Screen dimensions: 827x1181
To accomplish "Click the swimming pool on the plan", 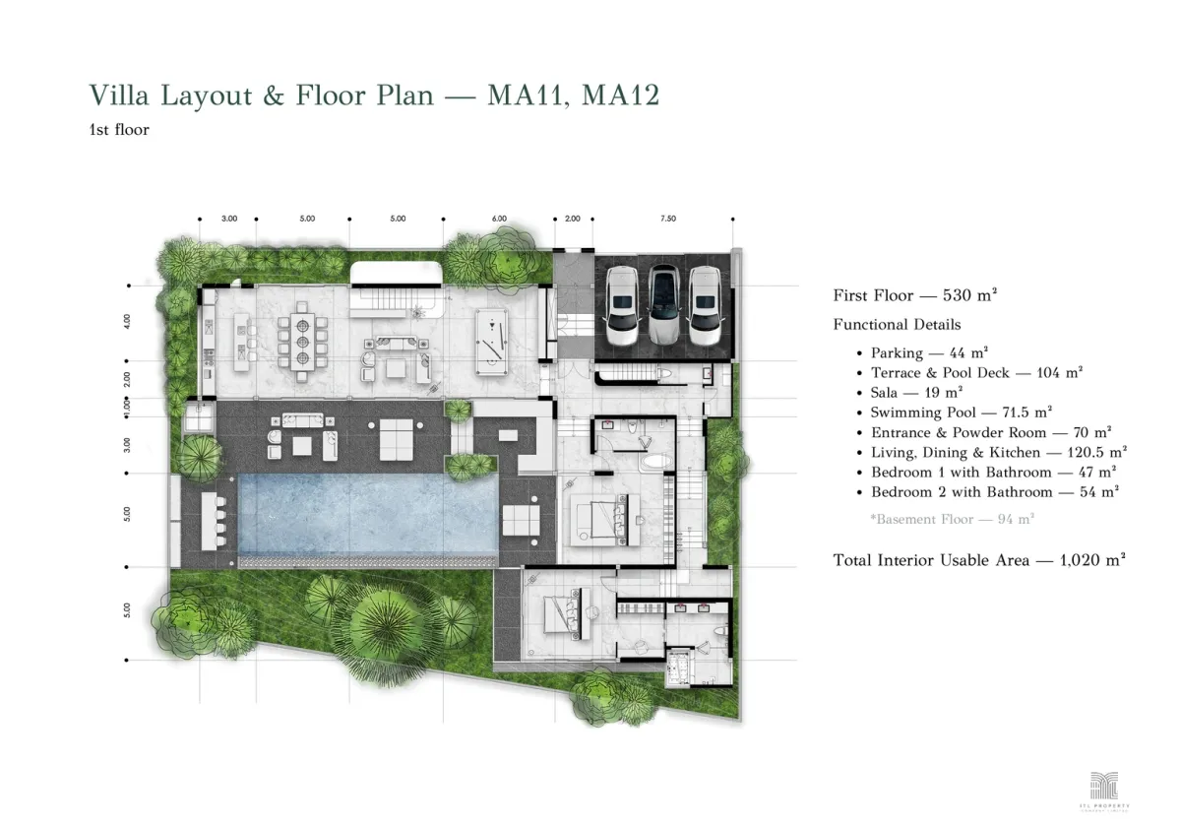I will click(x=364, y=515).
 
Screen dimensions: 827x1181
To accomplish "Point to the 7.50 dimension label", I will click(x=668, y=219).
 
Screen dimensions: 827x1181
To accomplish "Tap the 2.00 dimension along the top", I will click(x=573, y=219).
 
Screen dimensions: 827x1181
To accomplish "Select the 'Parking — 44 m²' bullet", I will click(x=929, y=352).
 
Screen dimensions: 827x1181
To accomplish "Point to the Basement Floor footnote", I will click(x=952, y=519).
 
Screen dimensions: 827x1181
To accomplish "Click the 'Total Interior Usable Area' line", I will click(x=978, y=559).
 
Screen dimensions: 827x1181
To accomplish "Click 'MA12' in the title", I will click(x=620, y=95).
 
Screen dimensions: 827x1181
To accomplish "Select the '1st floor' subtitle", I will click(x=118, y=130).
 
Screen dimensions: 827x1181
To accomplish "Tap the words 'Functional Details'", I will click(x=897, y=324).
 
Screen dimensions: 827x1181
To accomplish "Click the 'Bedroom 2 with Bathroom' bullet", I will click(x=994, y=492).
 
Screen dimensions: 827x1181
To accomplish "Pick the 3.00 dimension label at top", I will click(x=228, y=219).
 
